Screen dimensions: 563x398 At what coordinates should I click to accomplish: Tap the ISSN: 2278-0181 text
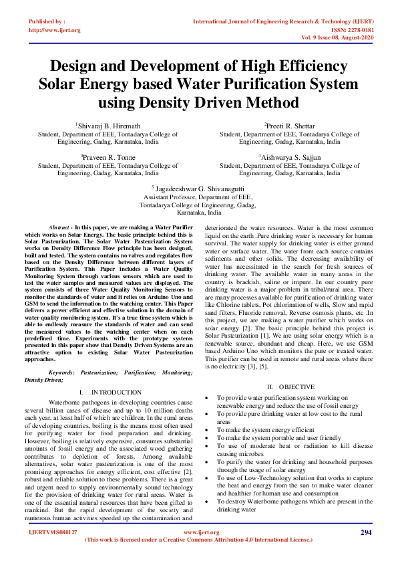(x=346, y=30)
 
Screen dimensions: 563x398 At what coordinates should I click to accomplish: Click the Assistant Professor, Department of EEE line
(x=198, y=199)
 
